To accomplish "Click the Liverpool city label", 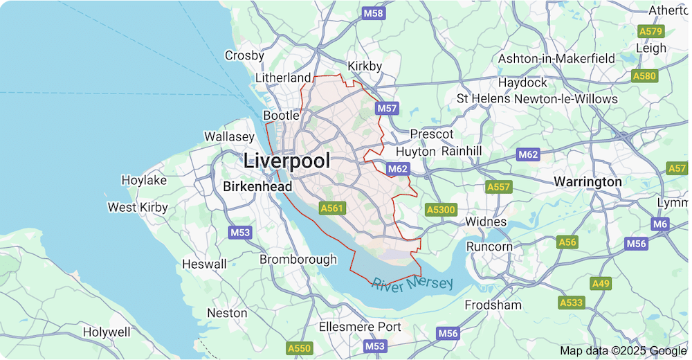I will [286, 161].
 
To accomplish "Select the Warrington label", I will [588, 181].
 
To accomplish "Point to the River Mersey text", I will [412, 284].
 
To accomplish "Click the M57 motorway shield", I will [388, 109].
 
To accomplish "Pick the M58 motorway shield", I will [373, 13].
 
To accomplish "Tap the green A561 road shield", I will [331, 208].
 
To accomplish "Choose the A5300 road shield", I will [441, 209].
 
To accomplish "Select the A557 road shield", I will [498, 187].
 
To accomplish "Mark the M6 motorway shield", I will [660, 224].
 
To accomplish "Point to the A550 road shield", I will [300, 348].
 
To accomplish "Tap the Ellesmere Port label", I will [360, 327].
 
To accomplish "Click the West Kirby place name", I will [138, 207].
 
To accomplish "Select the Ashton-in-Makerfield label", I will [556, 59].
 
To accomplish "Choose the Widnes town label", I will [486, 222].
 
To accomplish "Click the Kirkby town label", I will [365, 66].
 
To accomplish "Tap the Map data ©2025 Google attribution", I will [623, 351].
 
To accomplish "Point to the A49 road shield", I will [600, 284].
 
